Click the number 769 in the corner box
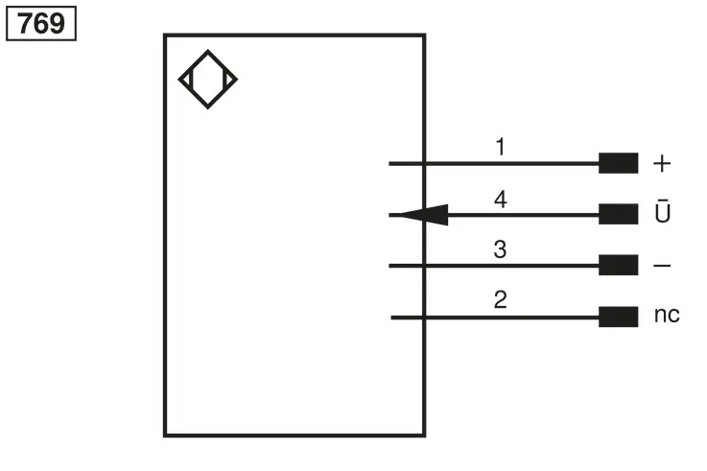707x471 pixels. click(41, 23)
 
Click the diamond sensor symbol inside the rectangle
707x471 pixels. click(208, 51)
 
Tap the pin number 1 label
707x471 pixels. click(500, 147)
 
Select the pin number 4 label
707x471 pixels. click(501, 199)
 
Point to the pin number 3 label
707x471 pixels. click(500, 249)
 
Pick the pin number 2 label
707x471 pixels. click(501, 299)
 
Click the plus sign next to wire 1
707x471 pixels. click(662, 164)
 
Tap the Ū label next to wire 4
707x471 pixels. click(662, 210)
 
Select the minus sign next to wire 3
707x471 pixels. click(662, 266)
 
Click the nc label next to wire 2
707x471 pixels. click(667, 315)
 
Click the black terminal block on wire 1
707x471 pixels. click(618, 163)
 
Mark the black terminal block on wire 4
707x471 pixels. click(618, 214)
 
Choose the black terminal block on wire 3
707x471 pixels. click(618, 265)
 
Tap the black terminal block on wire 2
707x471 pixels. click(618, 317)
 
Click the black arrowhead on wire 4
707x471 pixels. click(424, 215)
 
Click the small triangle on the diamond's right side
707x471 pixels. click(229, 80)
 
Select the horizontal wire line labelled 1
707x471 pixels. click(494, 164)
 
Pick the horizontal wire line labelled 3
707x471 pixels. click(494, 266)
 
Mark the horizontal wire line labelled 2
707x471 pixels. click(495, 318)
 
